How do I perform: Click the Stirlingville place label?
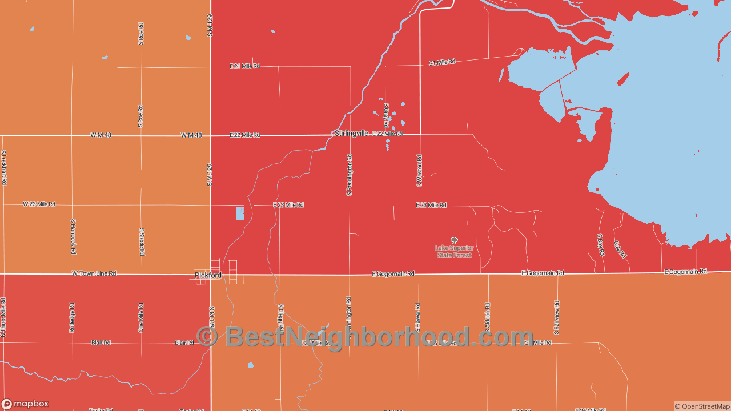coord(351,133)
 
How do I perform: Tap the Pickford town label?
coord(208,275)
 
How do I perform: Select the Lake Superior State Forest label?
coord(454,252)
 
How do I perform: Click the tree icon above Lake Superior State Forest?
coord(454,240)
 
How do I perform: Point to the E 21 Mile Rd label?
coord(244,66)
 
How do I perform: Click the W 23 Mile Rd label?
coord(39,204)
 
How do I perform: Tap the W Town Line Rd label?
coord(94,273)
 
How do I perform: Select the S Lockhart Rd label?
coord(4,167)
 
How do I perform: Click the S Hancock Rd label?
coord(73,236)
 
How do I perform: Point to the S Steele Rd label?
coord(142,241)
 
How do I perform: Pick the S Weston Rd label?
coord(419,170)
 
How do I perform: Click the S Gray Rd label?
coord(386,115)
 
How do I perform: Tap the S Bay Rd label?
coord(600,244)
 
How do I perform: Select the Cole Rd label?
coord(620,249)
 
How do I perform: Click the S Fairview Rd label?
coord(557,317)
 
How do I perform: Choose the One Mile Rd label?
coord(141,317)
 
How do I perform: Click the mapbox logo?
coord(25,404)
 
